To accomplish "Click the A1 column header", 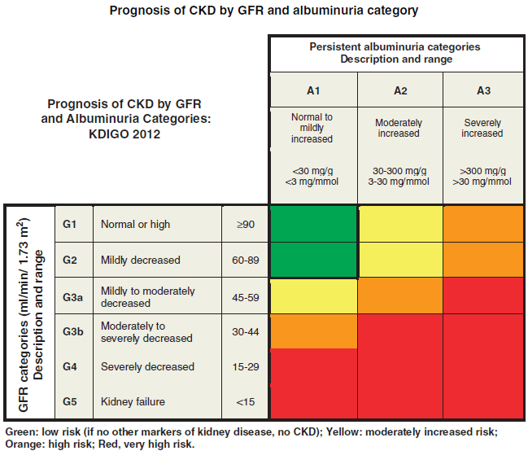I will coord(312,89).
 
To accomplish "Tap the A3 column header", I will coord(482,89).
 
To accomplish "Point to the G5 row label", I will coord(69,402).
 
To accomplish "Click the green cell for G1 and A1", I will coord(312,224).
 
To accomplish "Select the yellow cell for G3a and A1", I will coord(312,296).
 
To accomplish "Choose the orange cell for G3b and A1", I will coord(312,331).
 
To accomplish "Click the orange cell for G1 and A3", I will coord(482,224).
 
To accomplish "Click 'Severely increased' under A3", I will coord(482,128).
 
